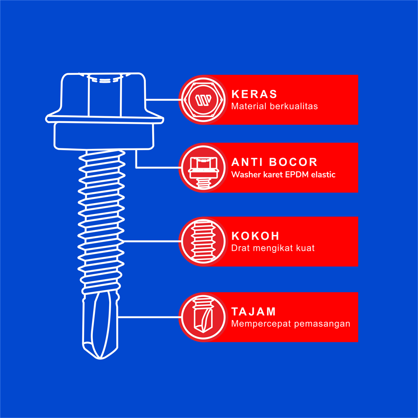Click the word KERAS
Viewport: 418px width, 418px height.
[254, 94]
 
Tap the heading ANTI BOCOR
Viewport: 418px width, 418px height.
[274, 162]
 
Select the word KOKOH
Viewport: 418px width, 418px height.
[255, 236]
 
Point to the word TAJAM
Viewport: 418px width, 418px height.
[254, 312]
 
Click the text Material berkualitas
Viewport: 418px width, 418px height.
[275, 106]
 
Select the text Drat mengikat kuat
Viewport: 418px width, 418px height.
[273, 248]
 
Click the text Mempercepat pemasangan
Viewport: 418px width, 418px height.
[291, 324]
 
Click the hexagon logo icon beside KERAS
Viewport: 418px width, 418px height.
[204, 99]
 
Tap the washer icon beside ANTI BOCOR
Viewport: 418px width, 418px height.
[204, 172]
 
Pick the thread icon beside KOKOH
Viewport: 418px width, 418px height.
[204, 241]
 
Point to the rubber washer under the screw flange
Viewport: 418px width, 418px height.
[104, 136]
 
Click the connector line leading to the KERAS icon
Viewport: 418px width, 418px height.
[163, 100]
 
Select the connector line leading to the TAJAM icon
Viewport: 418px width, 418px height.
[150, 317]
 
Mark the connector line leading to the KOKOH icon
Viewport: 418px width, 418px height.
[152, 241]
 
